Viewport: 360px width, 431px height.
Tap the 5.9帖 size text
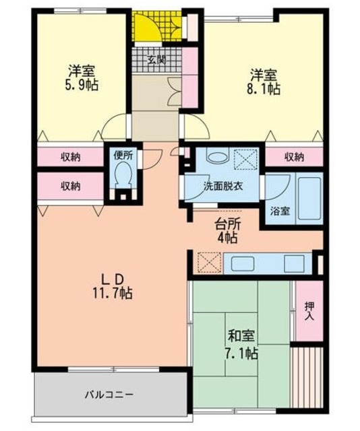click(81, 86)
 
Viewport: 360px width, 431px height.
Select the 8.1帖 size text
click(264, 88)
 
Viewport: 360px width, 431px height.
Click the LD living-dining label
click(111, 278)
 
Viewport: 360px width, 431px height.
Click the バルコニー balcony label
click(109, 393)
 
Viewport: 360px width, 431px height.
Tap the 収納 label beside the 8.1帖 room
click(293, 157)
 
